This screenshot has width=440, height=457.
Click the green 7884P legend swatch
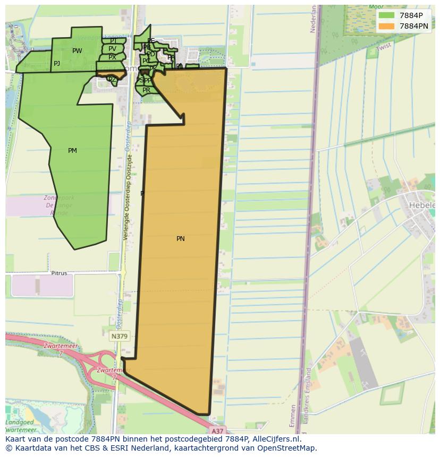click(x=387, y=15)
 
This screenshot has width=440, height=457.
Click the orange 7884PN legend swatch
click(x=387, y=26)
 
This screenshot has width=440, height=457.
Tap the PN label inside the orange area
click(x=181, y=239)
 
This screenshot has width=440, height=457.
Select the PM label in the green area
click(x=72, y=151)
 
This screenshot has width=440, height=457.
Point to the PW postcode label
click(x=77, y=51)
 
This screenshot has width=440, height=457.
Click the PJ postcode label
click(x=57, y=64)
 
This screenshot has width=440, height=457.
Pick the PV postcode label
click(x=112, y=49)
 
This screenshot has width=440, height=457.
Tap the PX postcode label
click(x=112, y=57)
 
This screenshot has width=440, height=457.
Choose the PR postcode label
click(x=146, y=90)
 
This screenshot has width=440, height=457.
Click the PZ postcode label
click(x=112, y=80)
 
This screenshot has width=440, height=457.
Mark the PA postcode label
click(x=171, y=57)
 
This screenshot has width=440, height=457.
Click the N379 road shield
click(x=120, y=337)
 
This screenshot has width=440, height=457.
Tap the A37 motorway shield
click(x=217, y=431)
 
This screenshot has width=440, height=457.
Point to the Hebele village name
click(x=422, y=205)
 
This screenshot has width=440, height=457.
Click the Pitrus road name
click(x=59, y=273)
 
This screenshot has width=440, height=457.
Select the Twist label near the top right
click(x=383, y=47)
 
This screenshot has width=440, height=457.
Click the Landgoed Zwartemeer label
click(x=21, y=426)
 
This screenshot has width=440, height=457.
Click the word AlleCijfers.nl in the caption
click(x=276, y=439)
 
